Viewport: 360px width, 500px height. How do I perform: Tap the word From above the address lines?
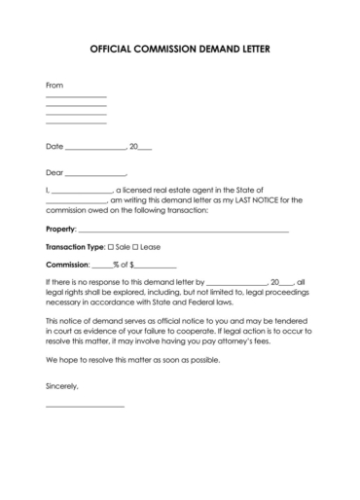point(54,86)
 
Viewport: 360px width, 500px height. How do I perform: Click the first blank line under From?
point(76,97)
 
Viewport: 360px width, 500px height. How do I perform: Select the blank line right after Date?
point(95,149)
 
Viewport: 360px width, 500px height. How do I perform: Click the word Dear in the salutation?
point(54,172)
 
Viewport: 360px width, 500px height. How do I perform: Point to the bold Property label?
point(61,230)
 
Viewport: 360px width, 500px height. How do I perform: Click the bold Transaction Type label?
point(75,247)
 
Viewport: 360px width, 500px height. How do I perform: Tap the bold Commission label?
point(66,264)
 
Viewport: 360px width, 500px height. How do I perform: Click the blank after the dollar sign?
point(158,266)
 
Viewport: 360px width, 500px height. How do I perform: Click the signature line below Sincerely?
point(85,405)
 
